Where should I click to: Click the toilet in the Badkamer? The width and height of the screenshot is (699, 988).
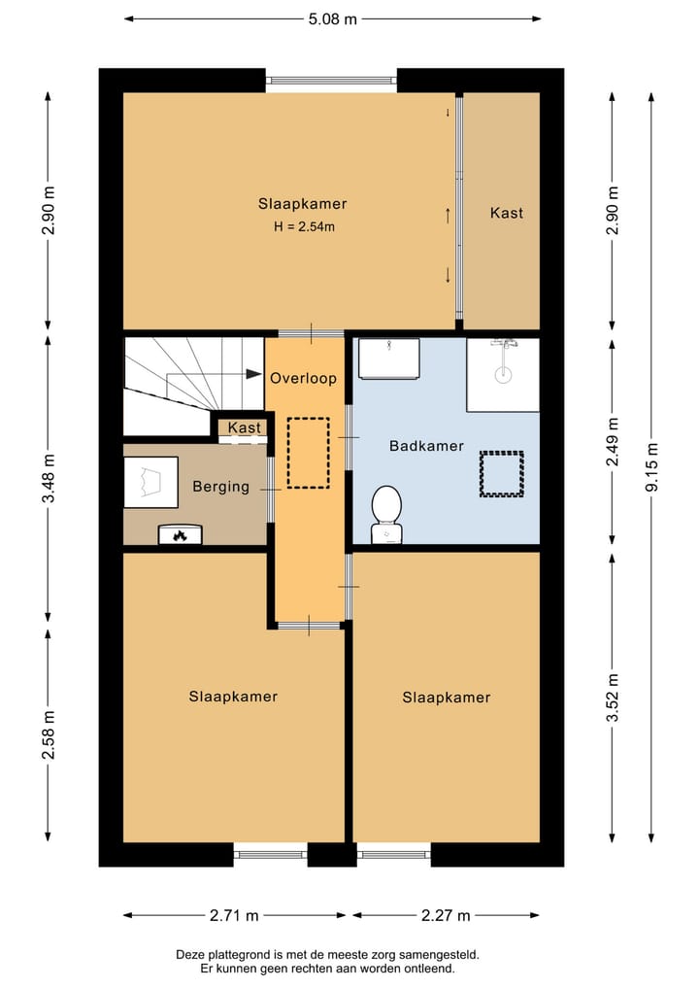pyautogui.click(x=386, y=514)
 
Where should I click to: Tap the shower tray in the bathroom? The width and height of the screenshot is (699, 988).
pyautogui.click(x=503, y=374)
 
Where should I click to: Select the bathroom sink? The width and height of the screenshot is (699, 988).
pyautogui.click(x=388, y=358)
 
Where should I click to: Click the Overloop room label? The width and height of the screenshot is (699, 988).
pyautogui.click(x=303, y=378)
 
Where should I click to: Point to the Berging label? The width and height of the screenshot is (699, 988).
pyautogui.click(x=220, y=487)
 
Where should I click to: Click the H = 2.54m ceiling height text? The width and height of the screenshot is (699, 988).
pyautogui.click(x=304, y=226)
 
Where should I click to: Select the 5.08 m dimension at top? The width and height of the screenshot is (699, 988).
pyautogui.click(x=332, y=19)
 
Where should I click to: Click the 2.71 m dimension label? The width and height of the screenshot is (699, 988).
pyautogui.click(x=234, y=915)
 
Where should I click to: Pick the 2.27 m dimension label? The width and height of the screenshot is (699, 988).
pyautogui.click(x=446, y=915)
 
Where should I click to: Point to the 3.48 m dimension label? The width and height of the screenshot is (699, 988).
pyautogui.click(x=49, y=478)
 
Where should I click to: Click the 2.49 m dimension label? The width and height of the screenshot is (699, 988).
pyautogui.click(x=613, y=442)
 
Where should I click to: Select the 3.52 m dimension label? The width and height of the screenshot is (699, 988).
pyautogui.click(x=613, y=698)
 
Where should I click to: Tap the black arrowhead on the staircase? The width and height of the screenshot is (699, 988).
pyautogui.click(x=253, y=374)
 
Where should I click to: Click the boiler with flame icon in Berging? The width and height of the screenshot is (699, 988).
pyautogui.click(x=180, y=534)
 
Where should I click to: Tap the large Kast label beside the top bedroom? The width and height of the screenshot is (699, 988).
pyautogui.click(x=507, y=213)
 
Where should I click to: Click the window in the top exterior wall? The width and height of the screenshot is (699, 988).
pyautogui.click(x=331, y=80)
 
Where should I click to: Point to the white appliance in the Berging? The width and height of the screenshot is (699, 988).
pyautogui.click(x=150, y=482)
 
